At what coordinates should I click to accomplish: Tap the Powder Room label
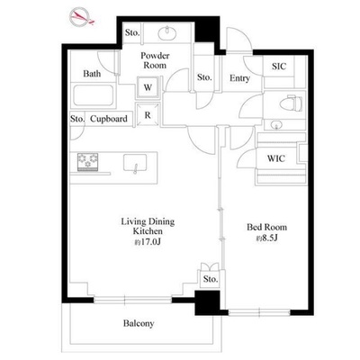pyautogui.click(x=155, y=60)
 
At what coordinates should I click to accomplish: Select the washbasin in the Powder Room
pyautogui.click(x=167, y=33)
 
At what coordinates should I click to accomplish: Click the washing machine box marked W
pyautogui.click(x=148, y=88)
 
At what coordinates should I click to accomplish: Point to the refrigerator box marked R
pyautogui.click(x=148, y=115)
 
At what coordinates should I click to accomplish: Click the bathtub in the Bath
pyautogui.click(x=94, y=95)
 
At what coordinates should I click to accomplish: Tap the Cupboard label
pyautogui.click(x=109, y=119)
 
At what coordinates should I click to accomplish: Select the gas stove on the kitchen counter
pyautogui.click(x=87, y=162)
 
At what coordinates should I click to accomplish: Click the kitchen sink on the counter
pyautogui.click(x=135, y=164)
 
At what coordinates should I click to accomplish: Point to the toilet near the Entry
pyautogui.click(x=291, y=103)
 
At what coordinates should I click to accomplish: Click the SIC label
pyautogui.click(x=279, y=67)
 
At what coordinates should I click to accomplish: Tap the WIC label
pyautogui.click(x=276, y=158)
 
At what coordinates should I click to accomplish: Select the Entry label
pyautogui.click(x=239, y=78)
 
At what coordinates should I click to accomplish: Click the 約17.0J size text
pyautogui.click(x=148, y=241)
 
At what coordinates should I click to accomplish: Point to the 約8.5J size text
pyautogui.click(x=266, y=238)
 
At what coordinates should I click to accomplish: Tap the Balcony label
pyautogui.click(x=139, y=323)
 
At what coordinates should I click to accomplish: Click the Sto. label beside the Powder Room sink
pyautogui.click(x=132, y=32)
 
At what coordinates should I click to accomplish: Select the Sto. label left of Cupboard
pyautogui.click(x=77, y=119)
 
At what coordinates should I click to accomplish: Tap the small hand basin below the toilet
pyautogui.click(x=275, y=125)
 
